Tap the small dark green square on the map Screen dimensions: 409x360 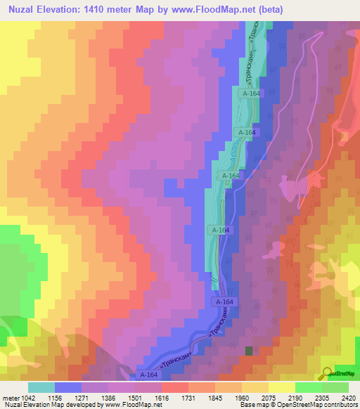tap(248, 350)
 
